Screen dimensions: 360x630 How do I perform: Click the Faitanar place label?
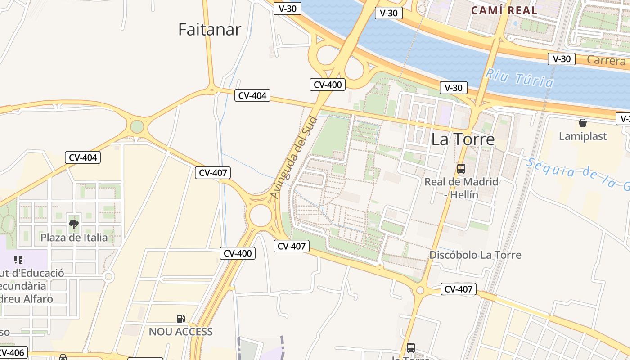pos(210,30)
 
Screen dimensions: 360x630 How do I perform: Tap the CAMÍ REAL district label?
pos(504,10)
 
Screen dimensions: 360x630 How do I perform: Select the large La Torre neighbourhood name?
pos(463,139)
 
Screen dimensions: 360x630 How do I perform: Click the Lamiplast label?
pos(583,136)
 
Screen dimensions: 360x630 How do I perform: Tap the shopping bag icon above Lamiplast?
pos(583,123)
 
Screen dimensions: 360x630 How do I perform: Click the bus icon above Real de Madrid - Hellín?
pos(461,169)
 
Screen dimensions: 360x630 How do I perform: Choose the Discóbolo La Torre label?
pos(475,255)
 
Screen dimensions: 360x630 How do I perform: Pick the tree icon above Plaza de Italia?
pos(74,224)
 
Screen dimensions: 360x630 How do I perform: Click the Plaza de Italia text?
pos(74,238)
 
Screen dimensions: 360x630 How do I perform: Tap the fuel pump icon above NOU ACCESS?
pos(180,319)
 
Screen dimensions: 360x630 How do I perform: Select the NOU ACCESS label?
pos(180,332)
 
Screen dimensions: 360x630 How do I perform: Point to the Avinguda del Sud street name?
pos(294,157)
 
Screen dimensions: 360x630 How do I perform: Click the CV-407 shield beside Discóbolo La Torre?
pos(458,289)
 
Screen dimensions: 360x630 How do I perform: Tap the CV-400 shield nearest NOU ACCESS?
pos(238,253)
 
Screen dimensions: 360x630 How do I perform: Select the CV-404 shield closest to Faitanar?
pos(252,95)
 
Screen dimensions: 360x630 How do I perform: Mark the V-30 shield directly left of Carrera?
pos(562,59)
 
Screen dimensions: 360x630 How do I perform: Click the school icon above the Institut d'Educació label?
pos(18,260)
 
